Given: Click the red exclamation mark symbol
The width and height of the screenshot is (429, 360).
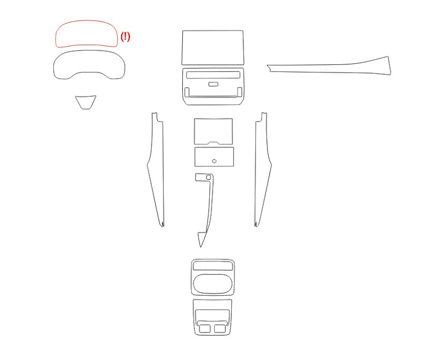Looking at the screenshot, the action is coord(125,36).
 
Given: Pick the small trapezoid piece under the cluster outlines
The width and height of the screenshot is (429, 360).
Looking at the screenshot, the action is coord(86,102).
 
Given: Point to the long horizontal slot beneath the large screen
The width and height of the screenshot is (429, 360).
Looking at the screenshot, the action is coord(213,75).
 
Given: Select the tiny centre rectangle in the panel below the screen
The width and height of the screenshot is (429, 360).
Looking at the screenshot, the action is coord(213,84).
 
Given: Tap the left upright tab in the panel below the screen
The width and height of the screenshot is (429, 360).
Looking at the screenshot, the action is coord(187,92).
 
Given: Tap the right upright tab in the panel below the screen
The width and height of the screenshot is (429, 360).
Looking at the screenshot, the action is coord(239,92).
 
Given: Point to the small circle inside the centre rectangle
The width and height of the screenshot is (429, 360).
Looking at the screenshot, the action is coord(214,161).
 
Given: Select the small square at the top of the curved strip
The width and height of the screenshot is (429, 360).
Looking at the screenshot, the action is coord(209,178).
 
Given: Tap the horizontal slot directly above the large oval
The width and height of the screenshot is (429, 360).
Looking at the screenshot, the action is coord(213,266).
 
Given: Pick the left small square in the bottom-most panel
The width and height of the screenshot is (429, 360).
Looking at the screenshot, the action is coord(205,328).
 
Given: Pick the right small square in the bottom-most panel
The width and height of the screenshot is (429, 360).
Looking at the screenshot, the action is coord(220,328).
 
